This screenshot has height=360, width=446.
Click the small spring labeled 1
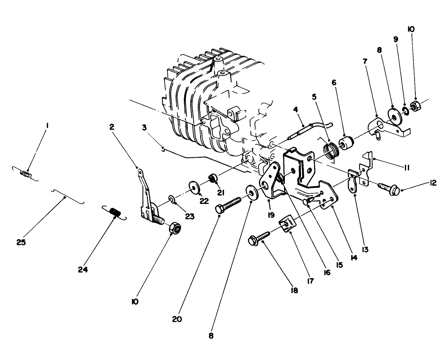pyautogui.click(x=26, y=173)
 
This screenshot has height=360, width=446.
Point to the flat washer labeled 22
pyautogui.click(x=194, y=185)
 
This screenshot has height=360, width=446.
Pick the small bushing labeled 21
pyautogui.click(x=212, y=180)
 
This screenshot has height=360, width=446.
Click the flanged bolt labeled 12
pyautogui.click(x=389, y=188)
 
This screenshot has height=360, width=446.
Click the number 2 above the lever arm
pyautogui.click(x=111, y=127)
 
